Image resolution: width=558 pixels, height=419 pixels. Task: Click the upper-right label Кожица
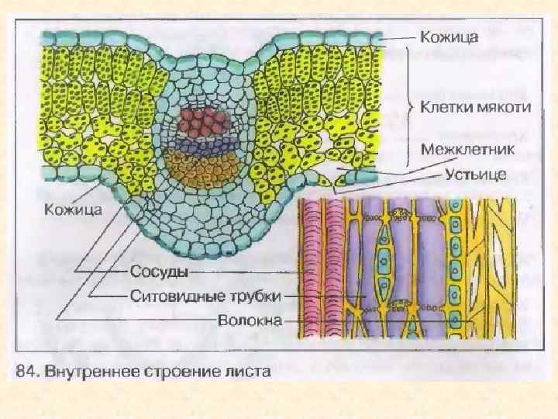click(x=449, y=36)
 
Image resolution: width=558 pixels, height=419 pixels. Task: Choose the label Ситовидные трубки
click(x=205, y=296)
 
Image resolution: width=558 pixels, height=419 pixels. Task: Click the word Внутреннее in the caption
click(x=92, y=372)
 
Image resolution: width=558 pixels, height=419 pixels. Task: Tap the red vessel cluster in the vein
click(x=205, y=121)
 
